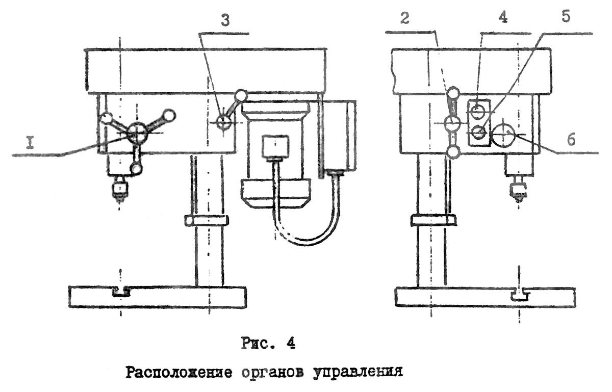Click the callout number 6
[x=571, y=140]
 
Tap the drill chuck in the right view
[x=518, y=190]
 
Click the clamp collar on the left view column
[x=207, y=221]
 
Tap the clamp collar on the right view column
[x=433, y=220]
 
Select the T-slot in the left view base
[x=121, y=292]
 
